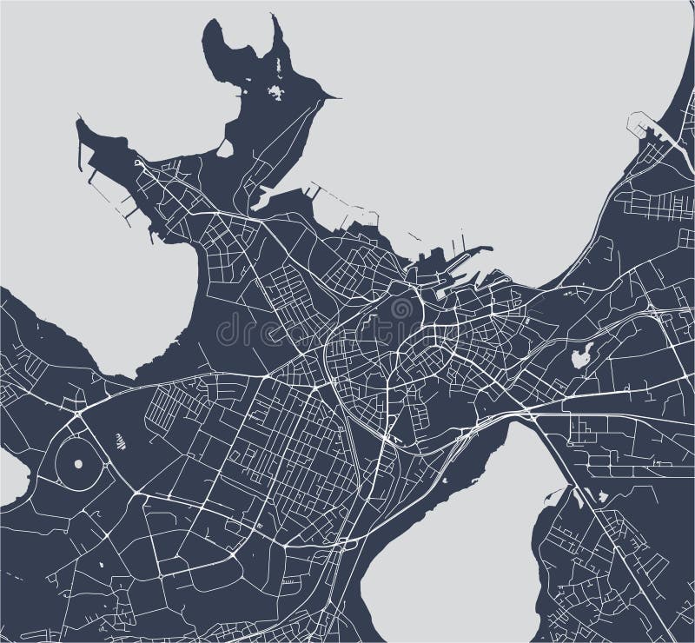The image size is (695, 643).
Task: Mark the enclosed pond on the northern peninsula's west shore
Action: click(x=225, y=149)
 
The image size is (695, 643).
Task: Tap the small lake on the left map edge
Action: click(x=10, y=476)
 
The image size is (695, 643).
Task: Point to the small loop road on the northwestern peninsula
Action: click(x=139, y=162)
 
